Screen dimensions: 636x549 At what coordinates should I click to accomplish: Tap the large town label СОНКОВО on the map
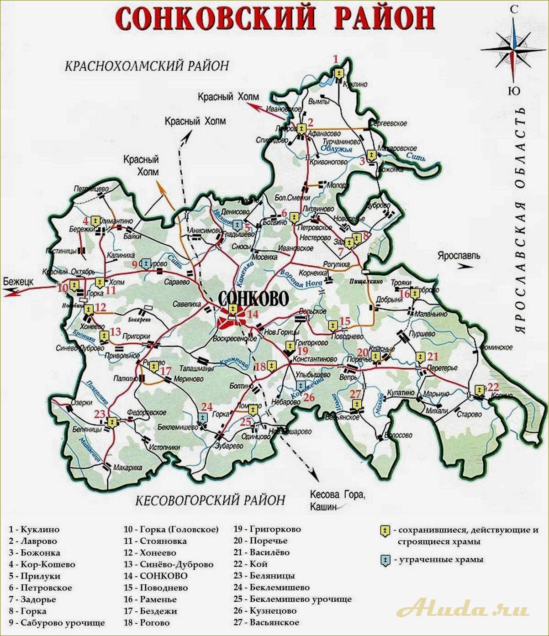click(253, 298)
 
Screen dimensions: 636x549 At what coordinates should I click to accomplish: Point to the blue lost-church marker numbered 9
click(146, 264)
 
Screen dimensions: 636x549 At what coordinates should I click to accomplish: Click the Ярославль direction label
click(458, 256)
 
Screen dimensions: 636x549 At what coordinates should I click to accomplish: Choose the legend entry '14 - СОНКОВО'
click(155, 576)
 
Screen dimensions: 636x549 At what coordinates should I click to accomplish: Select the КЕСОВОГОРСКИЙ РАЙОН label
click(210, 500)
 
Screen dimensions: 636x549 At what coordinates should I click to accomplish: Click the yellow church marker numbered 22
click(479, 390)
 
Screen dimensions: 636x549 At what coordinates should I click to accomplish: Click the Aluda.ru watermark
click(464, 610)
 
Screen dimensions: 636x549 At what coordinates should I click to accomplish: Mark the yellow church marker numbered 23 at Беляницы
click(111, 422)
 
